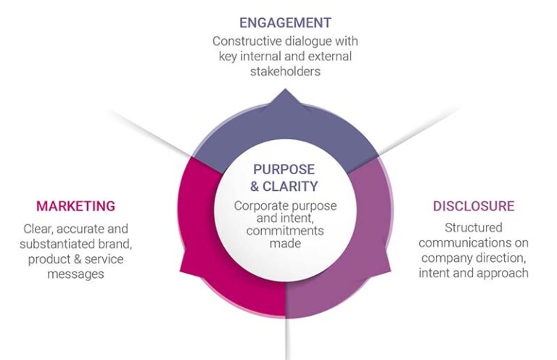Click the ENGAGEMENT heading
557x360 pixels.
285,22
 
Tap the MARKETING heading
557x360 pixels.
76,206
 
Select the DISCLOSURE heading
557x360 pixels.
474,206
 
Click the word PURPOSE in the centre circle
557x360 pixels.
284,169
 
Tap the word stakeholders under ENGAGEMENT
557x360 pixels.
285,72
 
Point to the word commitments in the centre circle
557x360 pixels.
285,231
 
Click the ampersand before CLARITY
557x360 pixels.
256,185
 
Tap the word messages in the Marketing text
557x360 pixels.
75,274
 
